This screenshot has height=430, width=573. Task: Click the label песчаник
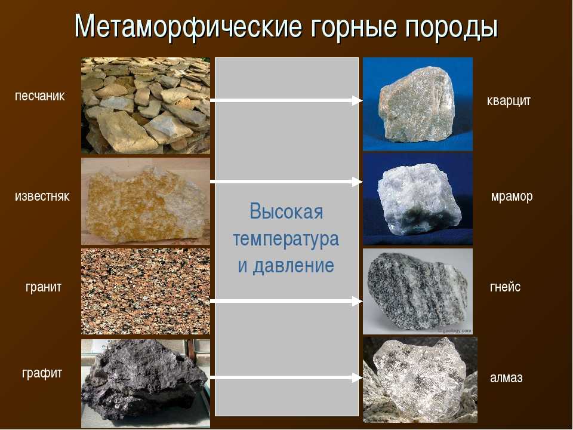(x=40, y=96)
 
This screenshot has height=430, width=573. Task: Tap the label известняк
(x=42, y=196)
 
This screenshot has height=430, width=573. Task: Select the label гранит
(x=44, y=287)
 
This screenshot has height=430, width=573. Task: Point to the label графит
(x=42, y=373)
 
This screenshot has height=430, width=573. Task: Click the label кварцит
(x=509, y=100)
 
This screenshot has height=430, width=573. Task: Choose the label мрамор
(x=512, y=196)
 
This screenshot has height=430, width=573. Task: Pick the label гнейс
(x=505, y=287)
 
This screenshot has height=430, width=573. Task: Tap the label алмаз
(x=506, y=377)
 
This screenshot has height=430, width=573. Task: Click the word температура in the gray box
(x=286, y=239)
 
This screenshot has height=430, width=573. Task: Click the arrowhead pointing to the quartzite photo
(x=357, y=100)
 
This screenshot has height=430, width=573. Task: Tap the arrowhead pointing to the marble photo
(x=357, y=182)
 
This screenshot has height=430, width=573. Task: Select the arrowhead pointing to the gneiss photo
(x=357, y=301)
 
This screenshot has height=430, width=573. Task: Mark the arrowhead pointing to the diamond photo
(x=357, y=377)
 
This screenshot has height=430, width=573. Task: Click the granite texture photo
(x=146, y=291)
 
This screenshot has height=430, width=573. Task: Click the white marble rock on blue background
(x=418, y=199)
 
